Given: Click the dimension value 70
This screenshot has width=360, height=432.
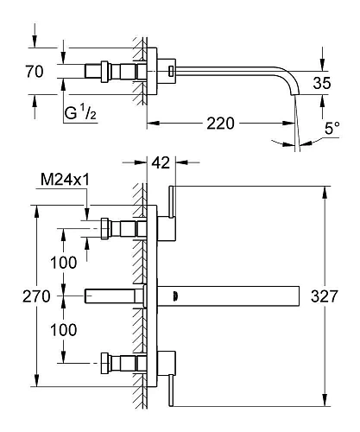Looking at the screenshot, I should pos(35,73).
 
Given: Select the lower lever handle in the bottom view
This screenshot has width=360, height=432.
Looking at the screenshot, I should pos(173,383).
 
